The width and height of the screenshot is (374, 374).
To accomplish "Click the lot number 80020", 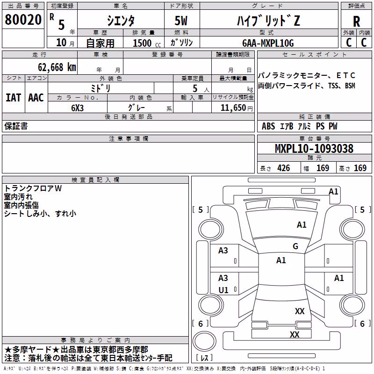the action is [x=23, y=20].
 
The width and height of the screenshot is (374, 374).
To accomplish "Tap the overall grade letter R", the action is [x=356, y=22].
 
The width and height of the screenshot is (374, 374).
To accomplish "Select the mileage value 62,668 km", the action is [x=57, y=67].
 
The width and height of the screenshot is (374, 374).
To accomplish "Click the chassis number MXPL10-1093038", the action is [x=314, y=149].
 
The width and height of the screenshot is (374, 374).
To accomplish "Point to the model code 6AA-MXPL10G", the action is [x=268, y=43].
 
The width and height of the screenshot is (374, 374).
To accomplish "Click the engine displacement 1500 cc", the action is [x=147, y=43].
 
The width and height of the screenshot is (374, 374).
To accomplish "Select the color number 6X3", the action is [x=77, y=108].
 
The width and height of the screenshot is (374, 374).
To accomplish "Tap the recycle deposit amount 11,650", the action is [x=233, y=108].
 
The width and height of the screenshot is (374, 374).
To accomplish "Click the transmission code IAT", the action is [x=13, y=98].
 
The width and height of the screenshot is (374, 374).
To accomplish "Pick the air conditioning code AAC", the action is [x=36, y=98].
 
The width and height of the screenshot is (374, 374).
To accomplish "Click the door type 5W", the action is [x=181, y=21].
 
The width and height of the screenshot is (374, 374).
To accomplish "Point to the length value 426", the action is [x=283, y=168].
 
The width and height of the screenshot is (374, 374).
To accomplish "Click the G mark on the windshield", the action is [x=295, y=246].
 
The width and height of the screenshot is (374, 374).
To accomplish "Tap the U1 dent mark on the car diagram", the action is [x=223, y=290].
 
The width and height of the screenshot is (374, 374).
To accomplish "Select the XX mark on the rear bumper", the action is [x=295, y=334].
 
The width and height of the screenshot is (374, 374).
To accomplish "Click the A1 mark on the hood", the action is [x=302, y=225].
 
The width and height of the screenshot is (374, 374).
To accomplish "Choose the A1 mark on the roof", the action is [x=281, y=260].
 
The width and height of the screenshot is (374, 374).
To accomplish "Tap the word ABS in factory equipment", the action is [x=268, y=126].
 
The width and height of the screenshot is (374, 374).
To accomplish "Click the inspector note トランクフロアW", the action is [x=33, y=188].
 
